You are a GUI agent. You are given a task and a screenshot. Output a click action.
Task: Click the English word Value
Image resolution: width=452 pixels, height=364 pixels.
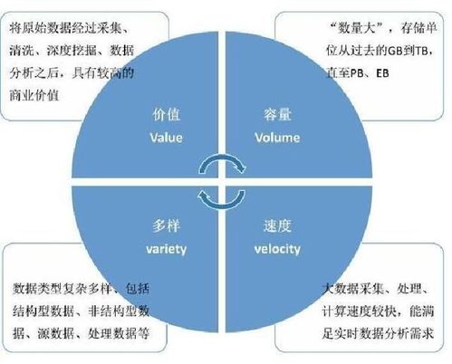click(166, 138)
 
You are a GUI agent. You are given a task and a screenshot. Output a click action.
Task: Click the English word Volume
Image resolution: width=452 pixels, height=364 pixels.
click(277, 138)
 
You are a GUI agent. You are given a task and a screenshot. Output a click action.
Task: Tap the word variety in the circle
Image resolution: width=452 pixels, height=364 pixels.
click(166, 249)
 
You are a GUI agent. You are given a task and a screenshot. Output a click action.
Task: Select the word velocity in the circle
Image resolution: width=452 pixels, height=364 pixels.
click(277, 249)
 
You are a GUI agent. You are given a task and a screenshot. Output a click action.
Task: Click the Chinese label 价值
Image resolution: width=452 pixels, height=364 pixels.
click(166, 115)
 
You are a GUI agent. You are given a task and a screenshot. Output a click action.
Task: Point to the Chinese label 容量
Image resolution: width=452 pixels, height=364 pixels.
click(277, 115)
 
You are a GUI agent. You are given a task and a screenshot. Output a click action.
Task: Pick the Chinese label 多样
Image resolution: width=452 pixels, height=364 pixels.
click(166, 225)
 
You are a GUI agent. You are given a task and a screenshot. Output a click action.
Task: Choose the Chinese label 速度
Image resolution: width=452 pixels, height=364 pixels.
click(277, 225)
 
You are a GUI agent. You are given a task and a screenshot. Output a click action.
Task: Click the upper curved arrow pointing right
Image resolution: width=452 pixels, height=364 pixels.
click(223, 157)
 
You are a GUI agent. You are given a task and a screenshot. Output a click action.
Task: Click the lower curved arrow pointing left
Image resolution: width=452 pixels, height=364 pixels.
click(222, 206)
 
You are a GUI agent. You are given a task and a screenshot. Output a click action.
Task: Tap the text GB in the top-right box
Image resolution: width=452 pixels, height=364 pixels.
click(395, 51)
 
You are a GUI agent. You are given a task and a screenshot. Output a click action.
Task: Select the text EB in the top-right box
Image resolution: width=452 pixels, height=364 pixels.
click(382, 73)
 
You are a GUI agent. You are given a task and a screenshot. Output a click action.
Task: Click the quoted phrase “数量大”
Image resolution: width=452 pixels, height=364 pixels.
click(356, 28)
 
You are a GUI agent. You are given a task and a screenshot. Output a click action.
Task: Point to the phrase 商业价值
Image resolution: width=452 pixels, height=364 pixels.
click(34, 95)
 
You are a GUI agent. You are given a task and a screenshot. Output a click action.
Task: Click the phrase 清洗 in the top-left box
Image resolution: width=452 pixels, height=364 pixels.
click(22, 51)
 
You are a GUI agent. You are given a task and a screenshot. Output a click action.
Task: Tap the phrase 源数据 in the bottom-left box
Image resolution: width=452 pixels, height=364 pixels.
click(56, 333)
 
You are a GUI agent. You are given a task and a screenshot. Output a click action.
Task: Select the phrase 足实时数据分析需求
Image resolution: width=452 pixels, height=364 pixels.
click(378, 333)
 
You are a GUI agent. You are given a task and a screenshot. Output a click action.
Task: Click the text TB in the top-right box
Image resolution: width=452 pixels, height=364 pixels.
click(421, 51)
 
